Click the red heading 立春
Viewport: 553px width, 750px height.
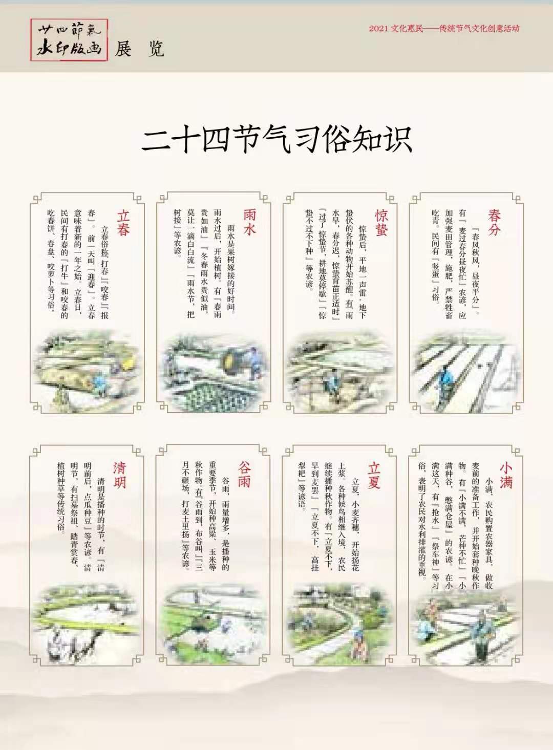click(x=123, y=222)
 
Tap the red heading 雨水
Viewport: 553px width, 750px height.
click(x=249, y=222)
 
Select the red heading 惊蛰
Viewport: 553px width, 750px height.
click(x=380, y=222)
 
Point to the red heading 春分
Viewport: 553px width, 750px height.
click(x=494, y=222)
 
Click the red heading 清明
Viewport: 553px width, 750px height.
click(x=120, y=475)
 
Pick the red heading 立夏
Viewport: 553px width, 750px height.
click(x=374, y=475)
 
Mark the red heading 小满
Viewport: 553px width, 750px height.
click(x=506, y=475)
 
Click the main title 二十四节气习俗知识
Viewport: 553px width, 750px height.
click(x=276, y=139)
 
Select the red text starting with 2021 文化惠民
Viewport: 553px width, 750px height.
click(x=443, y=29)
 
